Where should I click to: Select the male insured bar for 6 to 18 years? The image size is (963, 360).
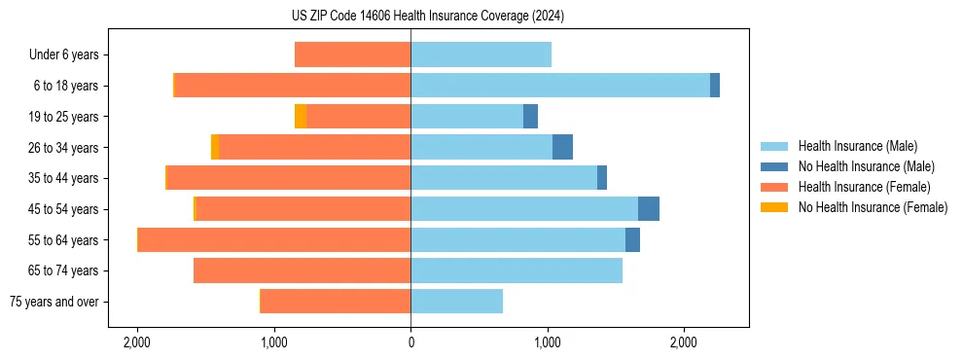coord(559,86)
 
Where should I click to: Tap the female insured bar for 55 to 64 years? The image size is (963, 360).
coord(274,240)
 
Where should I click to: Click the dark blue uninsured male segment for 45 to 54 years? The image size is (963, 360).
coord(648,209)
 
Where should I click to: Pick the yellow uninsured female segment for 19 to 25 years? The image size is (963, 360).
coord(301,117)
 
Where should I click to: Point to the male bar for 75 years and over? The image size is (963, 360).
coord(456,302)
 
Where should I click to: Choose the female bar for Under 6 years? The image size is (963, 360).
coord(352,55)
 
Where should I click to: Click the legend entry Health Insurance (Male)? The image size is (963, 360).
coord(857,147)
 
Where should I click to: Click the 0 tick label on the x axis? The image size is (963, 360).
coord(410,342)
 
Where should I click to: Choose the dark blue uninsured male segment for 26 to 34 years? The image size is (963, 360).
coord(562,148)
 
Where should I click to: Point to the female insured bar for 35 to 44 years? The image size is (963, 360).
coord(289,178)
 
